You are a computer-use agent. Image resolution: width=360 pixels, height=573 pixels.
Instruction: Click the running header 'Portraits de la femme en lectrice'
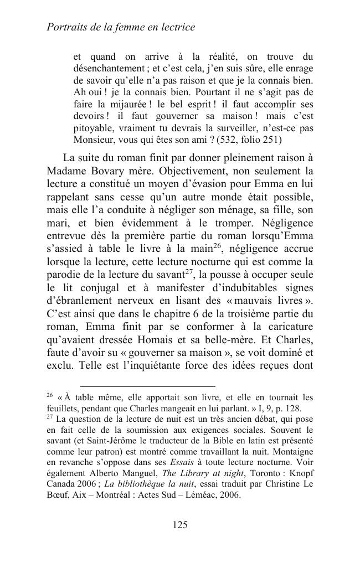point(121,27)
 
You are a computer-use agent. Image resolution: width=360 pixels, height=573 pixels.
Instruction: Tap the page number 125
point(180,525)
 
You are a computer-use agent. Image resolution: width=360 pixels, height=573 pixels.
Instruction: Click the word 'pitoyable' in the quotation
point(96,128)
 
